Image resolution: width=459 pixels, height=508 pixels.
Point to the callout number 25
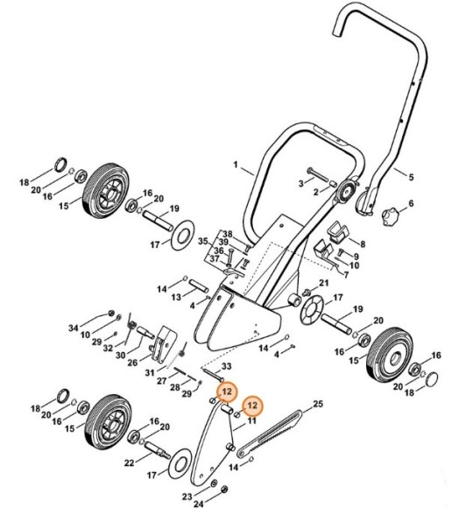tap(318, 403)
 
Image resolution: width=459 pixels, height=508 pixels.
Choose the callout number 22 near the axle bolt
tap(128, 462)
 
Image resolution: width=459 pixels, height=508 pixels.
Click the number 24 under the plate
tap(198, 504)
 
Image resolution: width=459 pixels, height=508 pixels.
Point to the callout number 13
tap(176, 297)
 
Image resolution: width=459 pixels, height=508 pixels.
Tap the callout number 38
tap(227, 234)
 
